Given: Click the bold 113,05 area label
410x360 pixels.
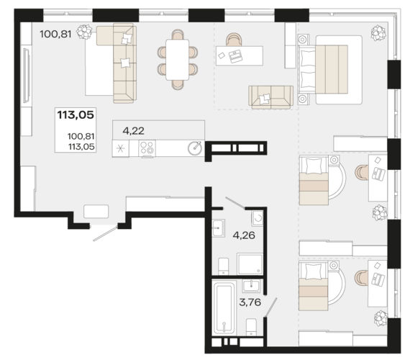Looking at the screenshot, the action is (x=76, y=115).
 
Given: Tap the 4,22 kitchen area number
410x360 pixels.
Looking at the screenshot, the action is (x=133, y=130).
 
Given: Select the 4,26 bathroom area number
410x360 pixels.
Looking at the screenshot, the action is (x=244, y=235).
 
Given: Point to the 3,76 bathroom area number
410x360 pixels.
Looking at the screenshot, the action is (x=250, y=302).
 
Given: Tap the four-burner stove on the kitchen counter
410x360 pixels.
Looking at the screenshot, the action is (x=147, y=148).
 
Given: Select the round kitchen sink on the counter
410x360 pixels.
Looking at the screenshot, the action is (x=195, y=148).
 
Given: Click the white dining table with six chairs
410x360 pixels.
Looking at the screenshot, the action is (x=178, y=60).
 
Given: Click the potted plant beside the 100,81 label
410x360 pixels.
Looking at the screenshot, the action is (x=84, y=32).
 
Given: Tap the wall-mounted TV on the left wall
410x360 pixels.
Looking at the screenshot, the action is (x=27, y=76).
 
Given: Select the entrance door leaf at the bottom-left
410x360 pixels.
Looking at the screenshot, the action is (x=106, y=233).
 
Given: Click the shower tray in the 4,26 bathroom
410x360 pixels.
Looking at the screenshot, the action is (x=250, y=264).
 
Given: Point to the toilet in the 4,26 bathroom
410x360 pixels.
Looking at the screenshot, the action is (x=223, y=266).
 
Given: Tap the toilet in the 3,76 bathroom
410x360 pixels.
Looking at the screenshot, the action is (x=251, y=327).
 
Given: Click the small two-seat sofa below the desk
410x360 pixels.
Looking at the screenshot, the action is (x=270, y=97).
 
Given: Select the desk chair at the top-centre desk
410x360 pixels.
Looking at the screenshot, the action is (x=234, y=40).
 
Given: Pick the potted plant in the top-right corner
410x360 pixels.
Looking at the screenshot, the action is (x=378, y=32).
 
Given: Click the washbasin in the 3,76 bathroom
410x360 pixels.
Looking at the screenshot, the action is (x=251, y=286).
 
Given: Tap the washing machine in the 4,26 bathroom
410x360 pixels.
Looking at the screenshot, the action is (x=258, y=218).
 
